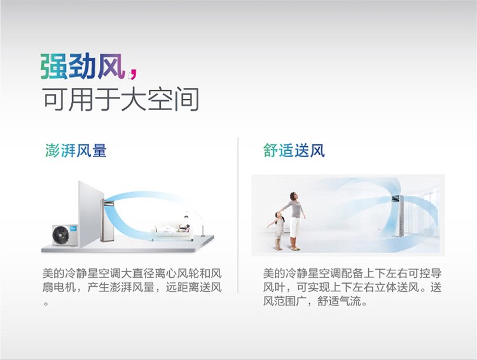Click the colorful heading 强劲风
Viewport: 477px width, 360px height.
pos(83,66)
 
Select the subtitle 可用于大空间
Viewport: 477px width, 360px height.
pos(121,99)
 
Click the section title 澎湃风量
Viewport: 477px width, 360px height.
pos(76,150)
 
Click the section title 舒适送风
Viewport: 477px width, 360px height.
pos(294,150)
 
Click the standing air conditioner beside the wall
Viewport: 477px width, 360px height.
pos(107,220)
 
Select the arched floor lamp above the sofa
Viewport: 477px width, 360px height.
pos(195,222)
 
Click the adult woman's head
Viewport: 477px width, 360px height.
pos(294,196)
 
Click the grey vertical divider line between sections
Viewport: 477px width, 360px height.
pos(238,216)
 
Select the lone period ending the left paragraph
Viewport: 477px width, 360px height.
pos(46,303)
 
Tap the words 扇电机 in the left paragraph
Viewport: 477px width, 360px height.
pos(59,287)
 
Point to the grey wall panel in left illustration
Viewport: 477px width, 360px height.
pos(91,214)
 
